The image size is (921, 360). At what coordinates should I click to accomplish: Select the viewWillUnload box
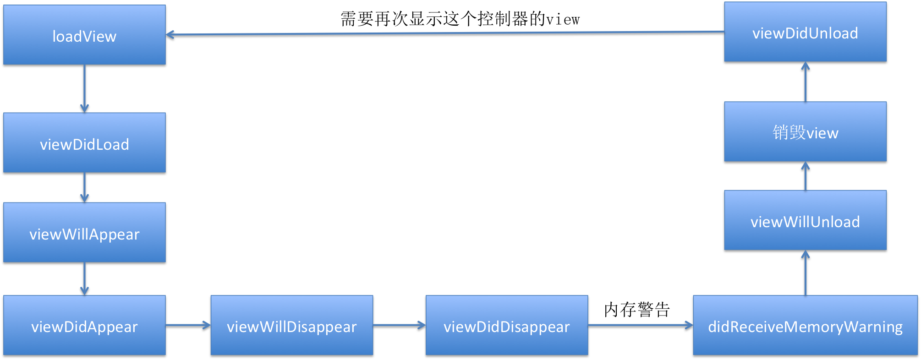click(x=805, y=220)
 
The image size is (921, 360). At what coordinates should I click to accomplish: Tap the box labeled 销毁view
click(x=805, y=131)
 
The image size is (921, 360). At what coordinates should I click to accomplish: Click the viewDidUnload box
click(x=805, y=32)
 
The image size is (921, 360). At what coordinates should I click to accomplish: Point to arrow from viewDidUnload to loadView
click(x=444, y=33)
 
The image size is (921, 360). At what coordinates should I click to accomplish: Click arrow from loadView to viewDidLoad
click(x=84, y=88)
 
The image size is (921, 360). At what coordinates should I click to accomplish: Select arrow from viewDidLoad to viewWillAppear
click(x=84, y=187)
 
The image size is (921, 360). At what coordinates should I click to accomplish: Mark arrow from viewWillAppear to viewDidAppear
click(x=84, y=278)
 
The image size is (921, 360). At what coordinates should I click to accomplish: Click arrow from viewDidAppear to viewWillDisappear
click(x=188, y=325)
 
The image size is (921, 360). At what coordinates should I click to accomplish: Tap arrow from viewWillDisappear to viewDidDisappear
click(x=399, y=325)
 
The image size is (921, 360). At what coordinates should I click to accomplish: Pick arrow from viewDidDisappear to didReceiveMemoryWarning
click(x=640, y=325)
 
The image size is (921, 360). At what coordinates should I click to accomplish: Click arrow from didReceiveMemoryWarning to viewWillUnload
click(x=805, y=273)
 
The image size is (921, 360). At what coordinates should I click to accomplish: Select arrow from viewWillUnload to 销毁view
click(x=805, y=176)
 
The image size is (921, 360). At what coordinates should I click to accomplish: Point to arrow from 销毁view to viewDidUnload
click(x=805, y=82)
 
